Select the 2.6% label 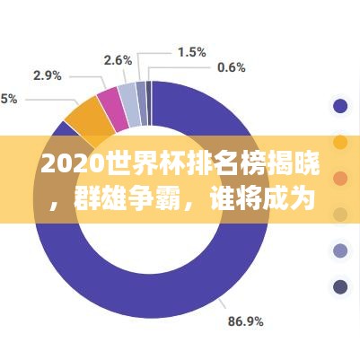click(x=118, y=60)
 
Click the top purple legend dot click(x=340, y=107)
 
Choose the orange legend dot click(x=340, y=143)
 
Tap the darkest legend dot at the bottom click(x=340, y=287)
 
